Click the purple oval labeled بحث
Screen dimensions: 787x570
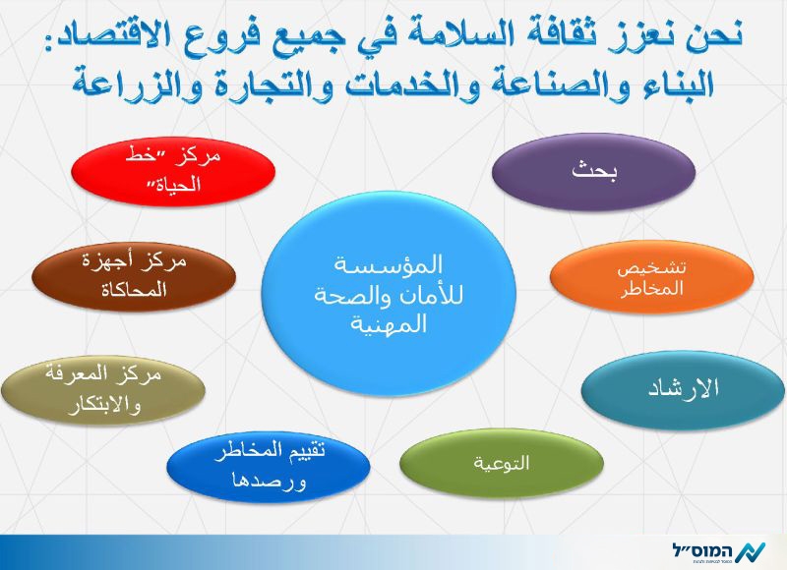click(593, 171)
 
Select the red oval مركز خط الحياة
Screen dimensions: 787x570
click(173, 171)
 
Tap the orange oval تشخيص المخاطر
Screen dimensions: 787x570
click(651, 277)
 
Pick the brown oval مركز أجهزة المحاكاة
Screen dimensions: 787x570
click(134, 276)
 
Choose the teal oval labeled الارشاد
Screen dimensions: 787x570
click(683, 389)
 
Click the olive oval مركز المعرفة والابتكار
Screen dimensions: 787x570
click(103, 390)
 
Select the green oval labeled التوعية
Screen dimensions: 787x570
click(502, 463)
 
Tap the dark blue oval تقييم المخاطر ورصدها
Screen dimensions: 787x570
click(269, 467)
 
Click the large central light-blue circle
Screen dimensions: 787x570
click(389, 294)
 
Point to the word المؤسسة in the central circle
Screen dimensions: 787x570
click(389, 265)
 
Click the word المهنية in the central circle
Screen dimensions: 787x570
click(389, 324)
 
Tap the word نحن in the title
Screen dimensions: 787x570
click(712, 35)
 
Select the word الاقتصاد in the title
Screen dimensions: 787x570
click(100, 36)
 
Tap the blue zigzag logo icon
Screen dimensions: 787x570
click(751, 553)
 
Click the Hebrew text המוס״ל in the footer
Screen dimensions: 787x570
click(702, 551)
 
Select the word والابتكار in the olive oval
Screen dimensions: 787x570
click(104, 405)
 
